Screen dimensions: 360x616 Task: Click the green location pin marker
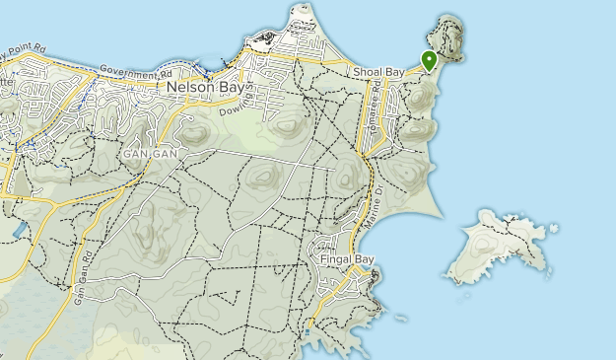(x=429, y=60)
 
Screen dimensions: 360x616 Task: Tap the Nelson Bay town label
(x=206, y=86)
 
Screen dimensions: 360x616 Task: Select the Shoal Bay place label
(x=377, y=72)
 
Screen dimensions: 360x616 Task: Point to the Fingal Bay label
(x=348, y=259)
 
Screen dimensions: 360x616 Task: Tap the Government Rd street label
(x=136, y=74)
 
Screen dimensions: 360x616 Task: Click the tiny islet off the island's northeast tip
(x=556, y=229)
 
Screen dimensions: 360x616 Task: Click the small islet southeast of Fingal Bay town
(x=400, y=318)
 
